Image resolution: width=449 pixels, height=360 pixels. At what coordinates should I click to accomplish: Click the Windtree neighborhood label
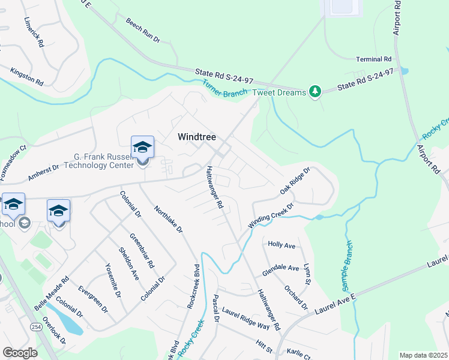pyautogui.click(x=196, y=137)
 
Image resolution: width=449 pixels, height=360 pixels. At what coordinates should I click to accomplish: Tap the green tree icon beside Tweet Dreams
pyautogui.click(x=315, y=91)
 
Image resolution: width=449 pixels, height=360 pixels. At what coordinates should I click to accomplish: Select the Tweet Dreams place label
pyautogui.click(x=280, y=92)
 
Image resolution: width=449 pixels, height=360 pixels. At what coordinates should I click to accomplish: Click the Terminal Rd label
pyautogui.click(x=373, y=59)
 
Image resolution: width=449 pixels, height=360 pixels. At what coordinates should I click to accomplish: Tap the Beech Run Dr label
pyautogui.click(x=143, y=30)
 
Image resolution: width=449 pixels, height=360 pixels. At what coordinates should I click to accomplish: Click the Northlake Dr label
pyautogui.click(x=168, y=220)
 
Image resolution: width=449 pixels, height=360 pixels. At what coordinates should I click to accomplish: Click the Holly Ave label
pyautogui.click(x=282, y=245)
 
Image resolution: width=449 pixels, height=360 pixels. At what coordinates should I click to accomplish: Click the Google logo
pyautogui.click(x=20, y=353)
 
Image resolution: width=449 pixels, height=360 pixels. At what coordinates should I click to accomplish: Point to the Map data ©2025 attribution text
pyautogui.click(x=423, y=355)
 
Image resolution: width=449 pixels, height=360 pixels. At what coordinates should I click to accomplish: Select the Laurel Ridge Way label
pyautogui.click(x=246, y=318)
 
